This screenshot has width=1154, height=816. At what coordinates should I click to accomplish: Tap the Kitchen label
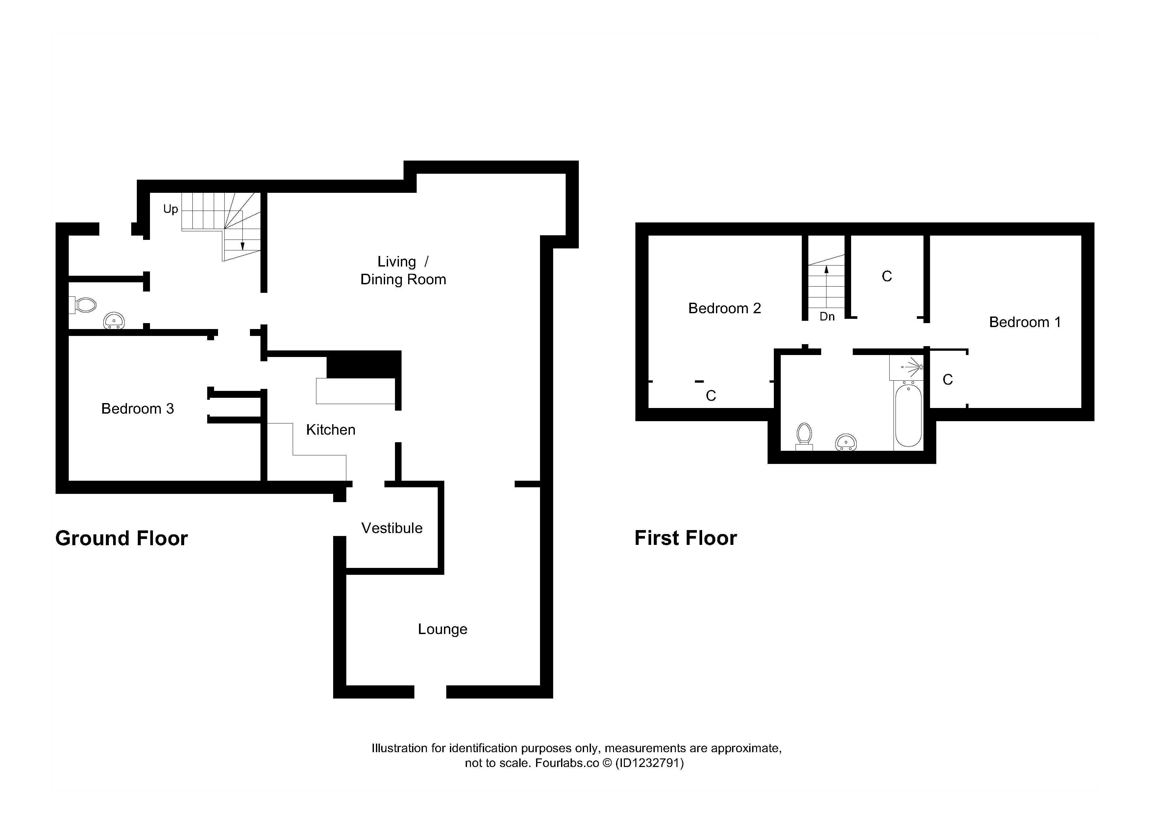(331, 429)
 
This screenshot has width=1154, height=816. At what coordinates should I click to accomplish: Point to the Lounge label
(443, 629)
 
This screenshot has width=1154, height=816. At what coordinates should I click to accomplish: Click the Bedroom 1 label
(1025, 322)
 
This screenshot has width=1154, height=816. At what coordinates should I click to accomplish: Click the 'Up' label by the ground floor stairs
(170, 209)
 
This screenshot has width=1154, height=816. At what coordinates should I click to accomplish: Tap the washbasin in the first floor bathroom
(846, 443)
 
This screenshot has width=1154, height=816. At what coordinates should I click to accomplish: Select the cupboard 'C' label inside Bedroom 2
(711, 396)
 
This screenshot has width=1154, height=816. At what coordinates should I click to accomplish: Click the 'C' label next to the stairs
(887, 276)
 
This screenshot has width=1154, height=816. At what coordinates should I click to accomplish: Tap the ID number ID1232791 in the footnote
(650, 763)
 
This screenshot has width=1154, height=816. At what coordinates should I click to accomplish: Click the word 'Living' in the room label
(397, 262)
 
